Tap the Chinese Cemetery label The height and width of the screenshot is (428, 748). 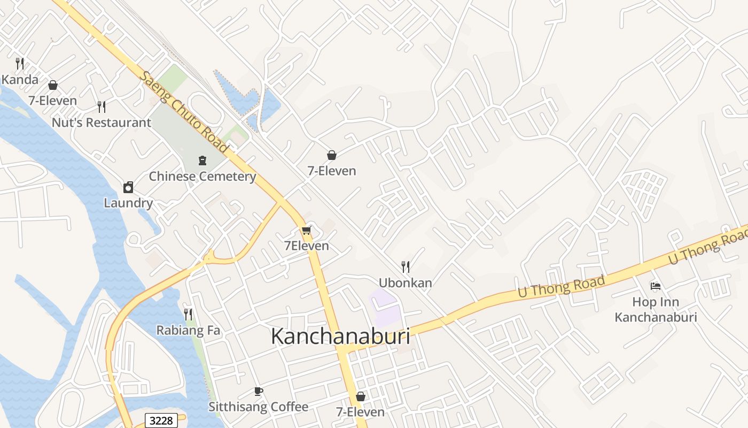pyautogui.click(x=202, y=177)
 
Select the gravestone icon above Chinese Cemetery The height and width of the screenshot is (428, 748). pyautogui.click(x=202, y=160)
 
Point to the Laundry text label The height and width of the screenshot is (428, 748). pyautogui.click(x=128, y=203)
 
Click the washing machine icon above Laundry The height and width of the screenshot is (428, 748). pyautogui.click(x=128, y=187)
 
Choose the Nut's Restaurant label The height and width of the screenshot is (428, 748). pyautogui.click(x=102, y=123)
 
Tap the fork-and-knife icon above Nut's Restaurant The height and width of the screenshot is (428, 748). pyautogui.click(x=102, y=106)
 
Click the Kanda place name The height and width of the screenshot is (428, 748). pyautogui.click(x=20, y=80)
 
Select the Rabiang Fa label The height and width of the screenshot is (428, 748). pyautogui.click(x=188, y=331)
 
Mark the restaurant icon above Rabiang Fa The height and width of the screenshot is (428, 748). pyautogui.click(x=188, y=314)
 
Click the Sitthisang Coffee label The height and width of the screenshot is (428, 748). pyautogui.click(x=259, y=407)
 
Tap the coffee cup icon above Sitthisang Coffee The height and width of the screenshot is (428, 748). pyautogui.click(x=259, y=391)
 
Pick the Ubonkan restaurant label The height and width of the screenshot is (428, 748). pyautogui.click(x=406, y=283)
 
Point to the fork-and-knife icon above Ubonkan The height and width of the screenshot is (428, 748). pyautogui.click(x=406, y=266)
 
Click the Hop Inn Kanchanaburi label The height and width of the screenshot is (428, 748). pyautogui.click(x=656, y=310)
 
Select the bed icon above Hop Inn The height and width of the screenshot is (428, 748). pyautogui.click(x=656, y=286)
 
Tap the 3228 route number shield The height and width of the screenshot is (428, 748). pyautogui.click(x=161, y=421)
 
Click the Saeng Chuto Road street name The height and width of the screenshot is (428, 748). pyautogui.click(x=183, y=112)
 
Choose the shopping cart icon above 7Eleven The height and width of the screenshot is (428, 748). pyautogui.click(x=306, y=231)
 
